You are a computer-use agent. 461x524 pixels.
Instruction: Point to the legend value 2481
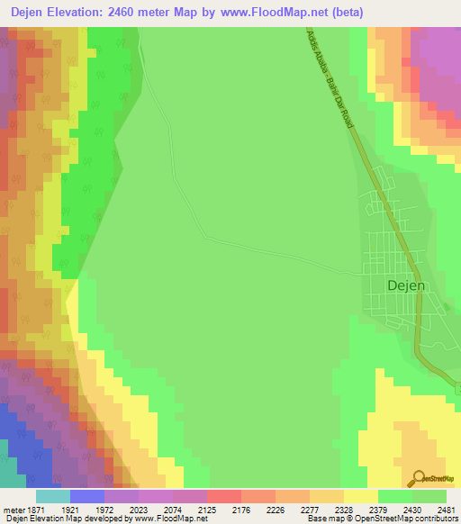click(x=443, y=510)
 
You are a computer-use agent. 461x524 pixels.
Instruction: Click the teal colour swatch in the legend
click(x=52, y=496)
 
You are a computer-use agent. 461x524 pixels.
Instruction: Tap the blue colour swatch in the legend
click(x=86, y=496)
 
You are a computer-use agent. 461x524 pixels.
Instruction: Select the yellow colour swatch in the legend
click(x=360, y=496)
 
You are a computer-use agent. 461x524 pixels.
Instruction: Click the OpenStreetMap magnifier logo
click(x=418, y=478)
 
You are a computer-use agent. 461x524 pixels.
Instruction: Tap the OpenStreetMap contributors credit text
click(x=406, y=519)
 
